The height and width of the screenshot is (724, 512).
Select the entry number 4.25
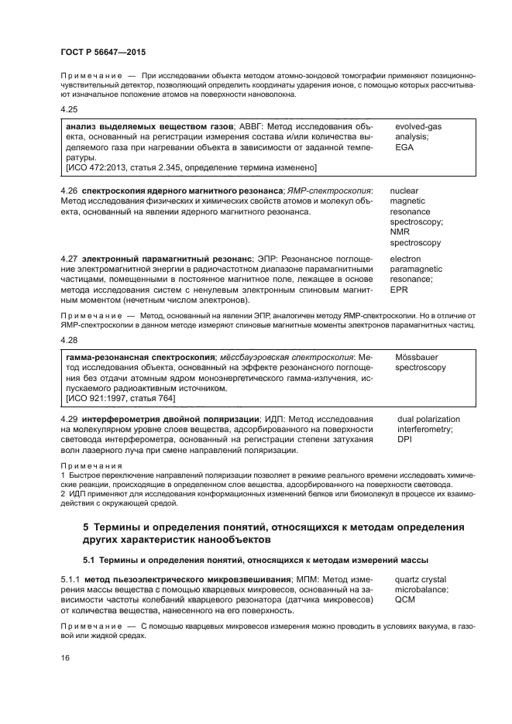pyautogui.click(x=69, y=109)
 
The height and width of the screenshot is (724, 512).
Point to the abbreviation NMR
pyautogui.click(x=400, y=232)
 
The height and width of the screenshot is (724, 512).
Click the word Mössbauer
pyautogui.click(x=418, y=357)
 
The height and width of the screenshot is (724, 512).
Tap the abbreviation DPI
pyautogui.click(x=405, y=439)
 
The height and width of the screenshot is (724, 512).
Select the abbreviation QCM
pyautogui.click(x=406, y=599)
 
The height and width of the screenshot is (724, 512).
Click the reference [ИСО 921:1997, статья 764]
pyautogui.click(x=120, y=398)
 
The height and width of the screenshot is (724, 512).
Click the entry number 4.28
pyautogui.click(x=69, y=340)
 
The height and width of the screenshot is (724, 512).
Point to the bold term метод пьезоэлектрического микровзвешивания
pyautogui.click(x=187, y=578)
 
